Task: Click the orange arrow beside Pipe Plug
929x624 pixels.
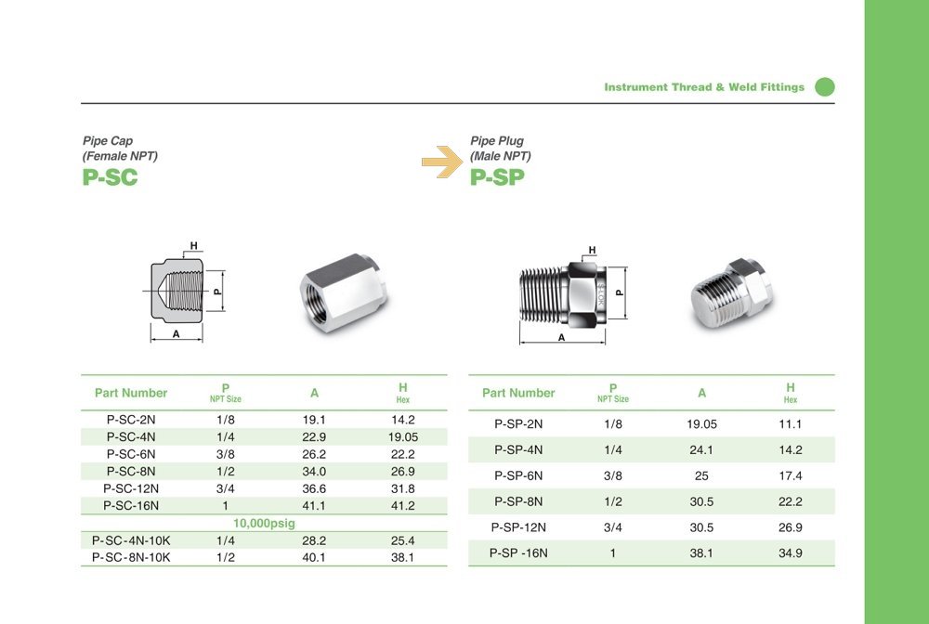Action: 442,162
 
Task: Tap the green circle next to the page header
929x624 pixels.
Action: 825,87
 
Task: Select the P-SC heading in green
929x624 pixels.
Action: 111,177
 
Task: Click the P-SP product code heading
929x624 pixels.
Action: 498,177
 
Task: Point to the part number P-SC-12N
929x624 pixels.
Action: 131,488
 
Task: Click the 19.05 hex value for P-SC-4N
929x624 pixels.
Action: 403,437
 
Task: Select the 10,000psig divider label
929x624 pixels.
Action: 264,524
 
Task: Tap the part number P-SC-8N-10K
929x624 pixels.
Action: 131,558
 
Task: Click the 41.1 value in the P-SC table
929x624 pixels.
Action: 314,505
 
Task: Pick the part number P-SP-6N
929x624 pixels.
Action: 518,475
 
